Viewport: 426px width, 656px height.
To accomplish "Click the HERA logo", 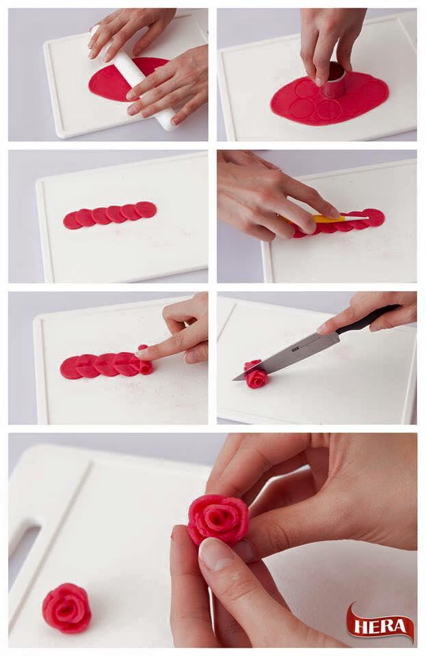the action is point(380,625).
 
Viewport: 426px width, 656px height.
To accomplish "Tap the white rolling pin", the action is point(135,77).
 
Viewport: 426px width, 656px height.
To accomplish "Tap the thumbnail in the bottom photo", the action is point(216,555).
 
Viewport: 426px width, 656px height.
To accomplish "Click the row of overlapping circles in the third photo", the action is point(110,215).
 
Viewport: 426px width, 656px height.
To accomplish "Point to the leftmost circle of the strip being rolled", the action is point(70,368).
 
